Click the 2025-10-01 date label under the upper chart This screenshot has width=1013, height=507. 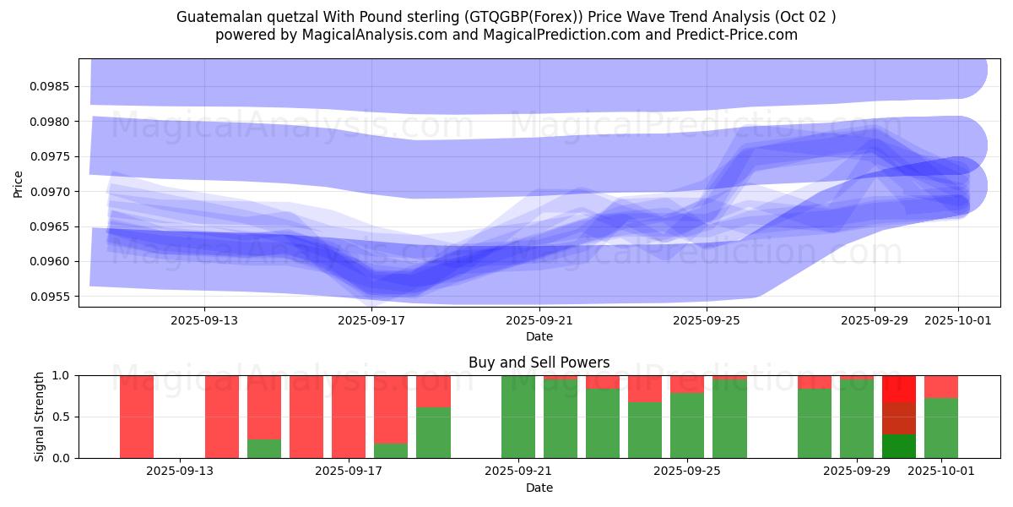coord(957,320)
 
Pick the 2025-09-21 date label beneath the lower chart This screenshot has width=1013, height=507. coord(517,472)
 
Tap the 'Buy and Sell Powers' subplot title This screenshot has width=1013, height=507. coord(539,363)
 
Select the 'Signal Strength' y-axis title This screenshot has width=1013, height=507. coord(40,417)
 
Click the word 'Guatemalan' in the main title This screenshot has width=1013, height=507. coord(214,17)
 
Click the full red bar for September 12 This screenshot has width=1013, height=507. coord(137,417)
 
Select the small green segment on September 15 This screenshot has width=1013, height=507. coord(264,449)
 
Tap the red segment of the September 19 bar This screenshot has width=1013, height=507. coord(433,391)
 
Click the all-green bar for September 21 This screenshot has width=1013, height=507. coord(518,417)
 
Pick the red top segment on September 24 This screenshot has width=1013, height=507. coord(645,389)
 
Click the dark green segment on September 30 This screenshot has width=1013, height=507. coord(899,446)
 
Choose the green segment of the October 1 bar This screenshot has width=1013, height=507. coord(941,428)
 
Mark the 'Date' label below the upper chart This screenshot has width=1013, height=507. coord(539,336)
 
